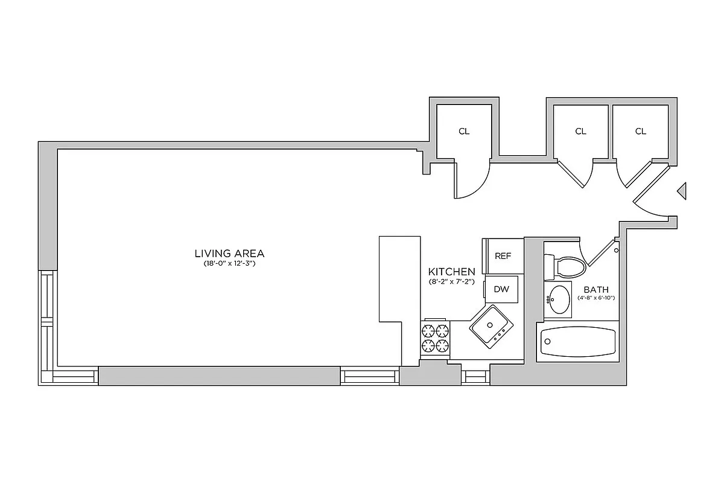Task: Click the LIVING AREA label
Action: (x=229, y=254)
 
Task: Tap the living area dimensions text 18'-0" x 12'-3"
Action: (x=229, y=264)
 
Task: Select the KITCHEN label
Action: (x=451, y=272)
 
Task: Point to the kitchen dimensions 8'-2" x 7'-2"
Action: (x=451, y=282)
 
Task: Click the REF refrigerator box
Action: (x=503, y=256)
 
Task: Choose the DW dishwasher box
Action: (x=501, y=289)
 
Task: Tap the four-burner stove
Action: (x=436, y=338)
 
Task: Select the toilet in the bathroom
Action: (x=566, y=266)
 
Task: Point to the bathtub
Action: (x=578, y=342)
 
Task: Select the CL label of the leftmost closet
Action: (x=463, y=131)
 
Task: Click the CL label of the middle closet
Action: (x=580, y=131)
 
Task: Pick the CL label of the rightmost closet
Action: (x=640, y=131)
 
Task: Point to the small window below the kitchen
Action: (x=475, y=376)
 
